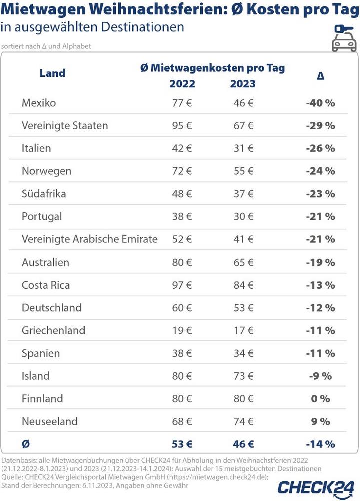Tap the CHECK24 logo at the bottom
pos(316,487)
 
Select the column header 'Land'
pos(52,73)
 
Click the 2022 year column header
pos(182,84)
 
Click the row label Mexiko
pos(39,103)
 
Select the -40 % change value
pos(320,103)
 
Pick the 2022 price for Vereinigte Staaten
pos(182,126)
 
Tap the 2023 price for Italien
pos(243,149)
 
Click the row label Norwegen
pos(46,171)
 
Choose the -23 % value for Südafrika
pos(320,194)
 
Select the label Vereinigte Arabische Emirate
pos(89,239)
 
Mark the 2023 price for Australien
pos(243,262)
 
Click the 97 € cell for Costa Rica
pos(182,285)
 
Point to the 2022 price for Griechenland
pos(182,330)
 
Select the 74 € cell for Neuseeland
pos(243,421)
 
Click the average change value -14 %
pos(320,444)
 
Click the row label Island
pos(36,376)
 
